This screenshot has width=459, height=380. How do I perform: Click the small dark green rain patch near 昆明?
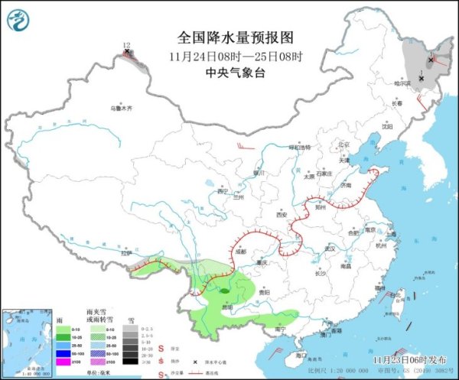pyautogui.click(x=223, y=291)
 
